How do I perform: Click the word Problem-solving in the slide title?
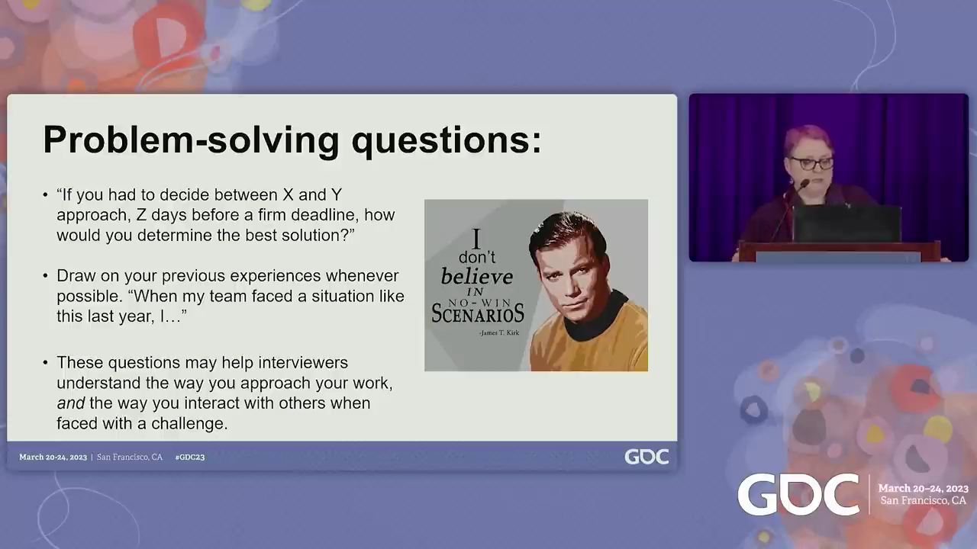point(191,140)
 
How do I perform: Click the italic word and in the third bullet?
point(71,403)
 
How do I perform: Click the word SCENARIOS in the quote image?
point(478,313)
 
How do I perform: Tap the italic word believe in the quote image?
point(477,277)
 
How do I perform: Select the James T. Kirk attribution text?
point(499,333)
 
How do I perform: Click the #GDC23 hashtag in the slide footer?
point(190,457)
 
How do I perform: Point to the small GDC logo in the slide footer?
point(646,457)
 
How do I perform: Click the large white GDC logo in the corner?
point(798,495)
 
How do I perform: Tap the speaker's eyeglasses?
point(812,164)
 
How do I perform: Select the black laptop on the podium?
point(847,223)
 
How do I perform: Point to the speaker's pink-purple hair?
point(808,140)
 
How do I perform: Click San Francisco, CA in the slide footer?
point(130,457)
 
